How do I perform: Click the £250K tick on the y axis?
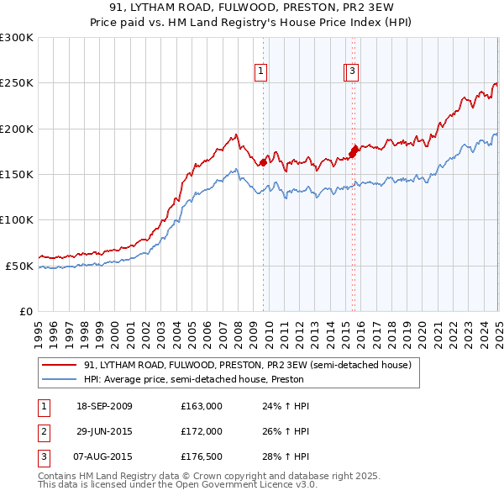(x=17, y=83)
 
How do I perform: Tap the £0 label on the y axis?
(x=25, y=311)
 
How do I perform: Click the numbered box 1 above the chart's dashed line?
(x=262, y=72)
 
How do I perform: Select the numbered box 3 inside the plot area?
(x=353, y=72)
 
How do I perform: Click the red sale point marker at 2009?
(x=264, y=162)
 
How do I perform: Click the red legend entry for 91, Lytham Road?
(x=246, y=365)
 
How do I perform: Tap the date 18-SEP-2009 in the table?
(x=104, y=407)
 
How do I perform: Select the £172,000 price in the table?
(x=202, y=432)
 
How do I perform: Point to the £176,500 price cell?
(x=202, y=457)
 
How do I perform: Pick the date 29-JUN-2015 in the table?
(x=104, y=432)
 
